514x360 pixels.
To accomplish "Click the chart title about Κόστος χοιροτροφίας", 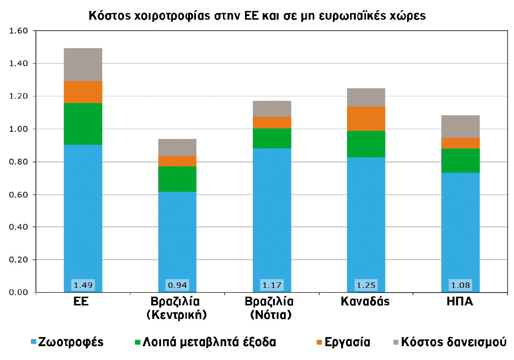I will [x=257, y=16].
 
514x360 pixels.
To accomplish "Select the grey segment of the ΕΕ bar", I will [x=83, y=64].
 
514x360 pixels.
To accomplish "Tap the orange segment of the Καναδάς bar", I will [x=366, y=118].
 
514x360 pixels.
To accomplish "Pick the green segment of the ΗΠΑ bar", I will [x=460, y=160].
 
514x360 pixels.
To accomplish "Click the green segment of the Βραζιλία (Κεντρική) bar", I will [x=177, y=179].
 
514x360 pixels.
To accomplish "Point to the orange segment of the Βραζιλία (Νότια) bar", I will [x=272, y=122].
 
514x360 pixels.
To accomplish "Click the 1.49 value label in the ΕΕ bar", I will [x=83, y=285].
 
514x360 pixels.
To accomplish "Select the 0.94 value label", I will [x=178, y=285].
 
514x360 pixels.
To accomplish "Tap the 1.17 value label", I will [x=272, y=285].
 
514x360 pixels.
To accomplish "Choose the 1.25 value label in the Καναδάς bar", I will [x=366, y=285].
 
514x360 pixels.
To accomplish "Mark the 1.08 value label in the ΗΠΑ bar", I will [x=461, y=285].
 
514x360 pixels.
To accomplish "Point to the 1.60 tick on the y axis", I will [x=18, y=31].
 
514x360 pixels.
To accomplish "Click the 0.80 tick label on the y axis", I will [x=18, y=162].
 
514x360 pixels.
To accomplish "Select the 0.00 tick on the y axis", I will [x=18, y=292].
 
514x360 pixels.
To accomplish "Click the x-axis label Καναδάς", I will [x=365, y=302].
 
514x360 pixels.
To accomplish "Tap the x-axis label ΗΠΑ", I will [x=460, y=302].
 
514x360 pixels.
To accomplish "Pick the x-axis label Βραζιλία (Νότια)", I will [x=270, y=308].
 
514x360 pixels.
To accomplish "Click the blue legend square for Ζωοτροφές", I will [x=33, y=342].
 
